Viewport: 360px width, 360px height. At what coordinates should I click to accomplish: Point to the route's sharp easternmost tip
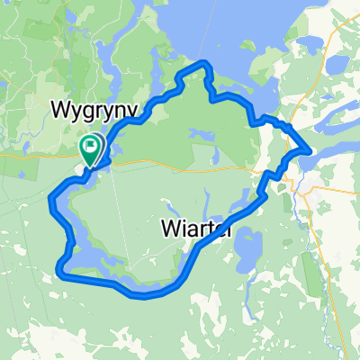coord(311,151)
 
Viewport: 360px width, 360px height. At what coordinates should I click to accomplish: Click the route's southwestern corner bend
coord(61,267)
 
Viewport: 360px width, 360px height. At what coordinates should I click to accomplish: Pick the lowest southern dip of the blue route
coord(144,295)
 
